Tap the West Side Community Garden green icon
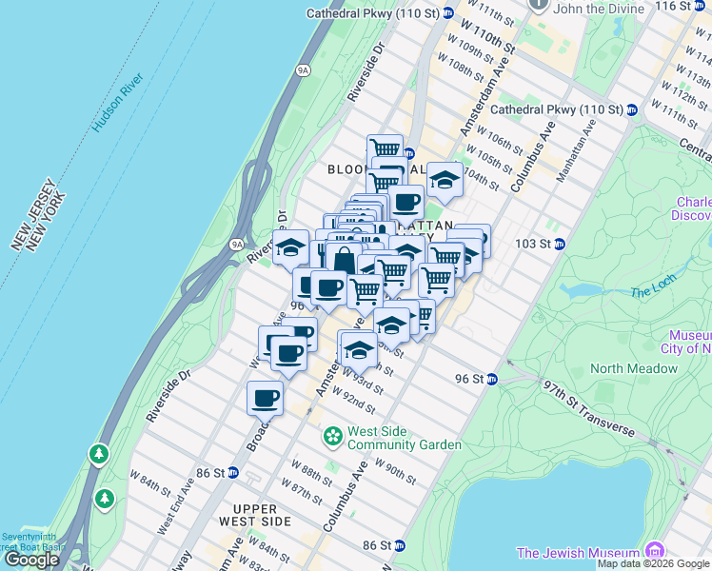coord(332,437)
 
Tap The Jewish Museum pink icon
coord(654,553)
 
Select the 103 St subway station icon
coord(560,244)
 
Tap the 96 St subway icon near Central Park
coord(492,379)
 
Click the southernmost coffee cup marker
coord(266,398)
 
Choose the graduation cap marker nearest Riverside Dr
coord(291,248)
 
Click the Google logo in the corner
coord(31,560)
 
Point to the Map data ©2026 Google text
coord(653,563)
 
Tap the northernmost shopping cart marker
coord(385,149)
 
